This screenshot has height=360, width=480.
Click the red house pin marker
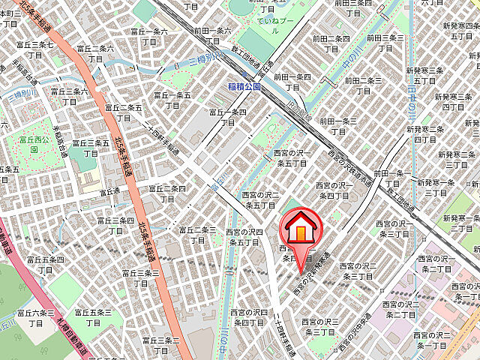coord(301,228)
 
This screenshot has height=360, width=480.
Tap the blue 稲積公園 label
coord(244,87)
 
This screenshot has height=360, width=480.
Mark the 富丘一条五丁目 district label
coord(173,100)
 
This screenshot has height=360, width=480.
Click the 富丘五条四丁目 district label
coord(44,264)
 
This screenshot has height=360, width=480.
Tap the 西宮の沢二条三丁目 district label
coord(357,271)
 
